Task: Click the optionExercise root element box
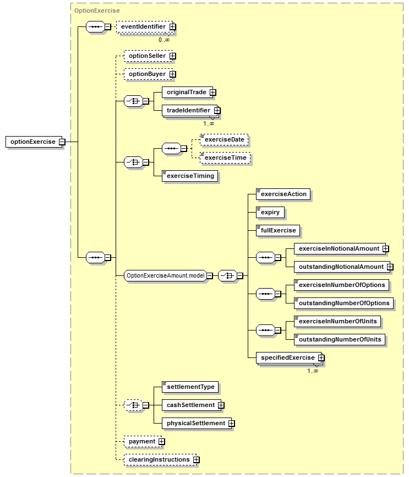[34, 142]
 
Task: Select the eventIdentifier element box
[145, 27]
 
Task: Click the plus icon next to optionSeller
[173, 56]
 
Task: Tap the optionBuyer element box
[149, 74]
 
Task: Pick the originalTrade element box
[187, 92]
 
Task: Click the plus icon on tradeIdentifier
[217, 110]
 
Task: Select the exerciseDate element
[224, 140]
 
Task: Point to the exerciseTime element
[225, 158]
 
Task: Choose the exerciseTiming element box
[190, 176]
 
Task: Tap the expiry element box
[270, 213]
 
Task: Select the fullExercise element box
[278, 231]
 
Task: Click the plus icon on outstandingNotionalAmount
[390, 267]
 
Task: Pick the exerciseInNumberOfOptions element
[342, 285]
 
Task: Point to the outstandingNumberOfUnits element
[340, 339]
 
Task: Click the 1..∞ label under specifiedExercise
[313, 371]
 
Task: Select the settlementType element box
[190, 387]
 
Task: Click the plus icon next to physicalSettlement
[232, 423]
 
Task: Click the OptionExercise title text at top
[97, 10]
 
